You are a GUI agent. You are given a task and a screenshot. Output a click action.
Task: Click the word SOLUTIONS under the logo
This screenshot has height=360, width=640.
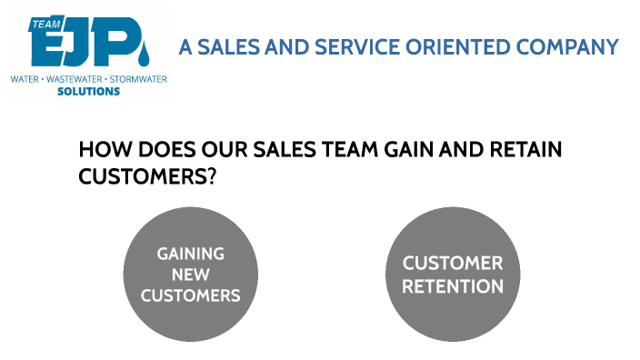(x=88, y=92)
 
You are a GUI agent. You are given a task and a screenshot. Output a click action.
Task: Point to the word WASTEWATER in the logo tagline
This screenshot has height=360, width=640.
(x=75, y=80)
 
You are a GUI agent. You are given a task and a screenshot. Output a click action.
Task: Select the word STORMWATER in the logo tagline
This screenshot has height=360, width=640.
(x=138, y=80)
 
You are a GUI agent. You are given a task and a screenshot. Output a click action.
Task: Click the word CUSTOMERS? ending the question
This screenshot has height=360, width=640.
(x=147, y=175)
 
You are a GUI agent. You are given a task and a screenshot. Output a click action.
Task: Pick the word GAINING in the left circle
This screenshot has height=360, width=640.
(x=191, y=254)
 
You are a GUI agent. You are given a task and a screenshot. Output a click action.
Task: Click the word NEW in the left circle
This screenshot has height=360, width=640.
(x=191, y=275)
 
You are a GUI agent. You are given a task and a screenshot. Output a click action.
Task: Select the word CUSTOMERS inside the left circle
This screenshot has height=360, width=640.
(x=191, y=295)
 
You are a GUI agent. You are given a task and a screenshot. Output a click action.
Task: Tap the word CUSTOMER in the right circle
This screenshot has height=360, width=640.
(x=453, y=264)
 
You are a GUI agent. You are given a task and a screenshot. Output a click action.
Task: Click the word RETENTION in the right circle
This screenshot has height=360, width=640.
(x=453, y=287)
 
